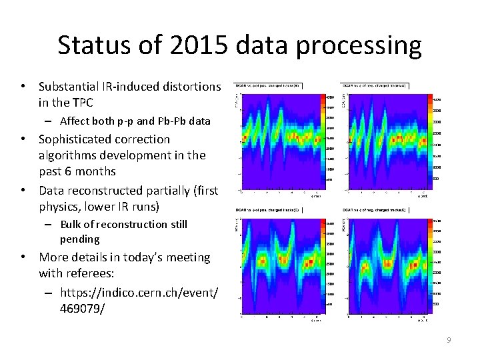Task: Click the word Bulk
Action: [72, 224]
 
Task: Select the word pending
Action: [79, 239]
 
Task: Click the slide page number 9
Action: [449, 341]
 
